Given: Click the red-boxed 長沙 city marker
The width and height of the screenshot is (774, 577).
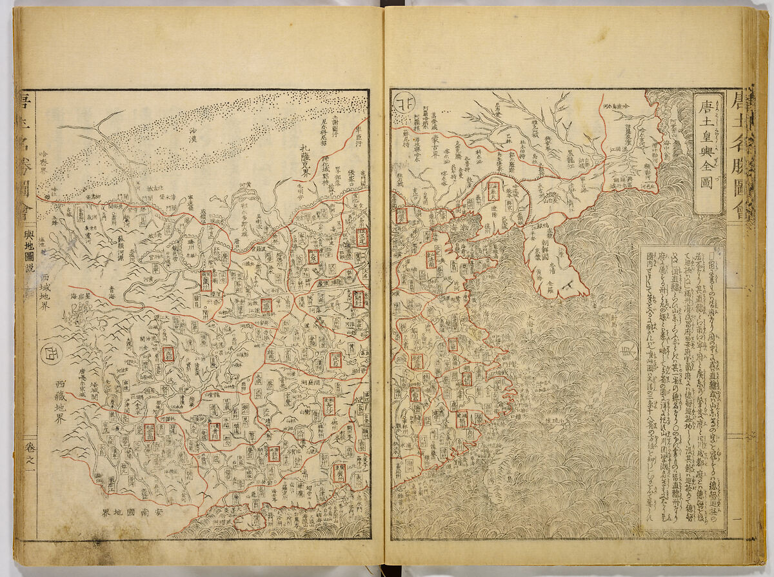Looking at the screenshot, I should pyautogui.click(x=328, y=404).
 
